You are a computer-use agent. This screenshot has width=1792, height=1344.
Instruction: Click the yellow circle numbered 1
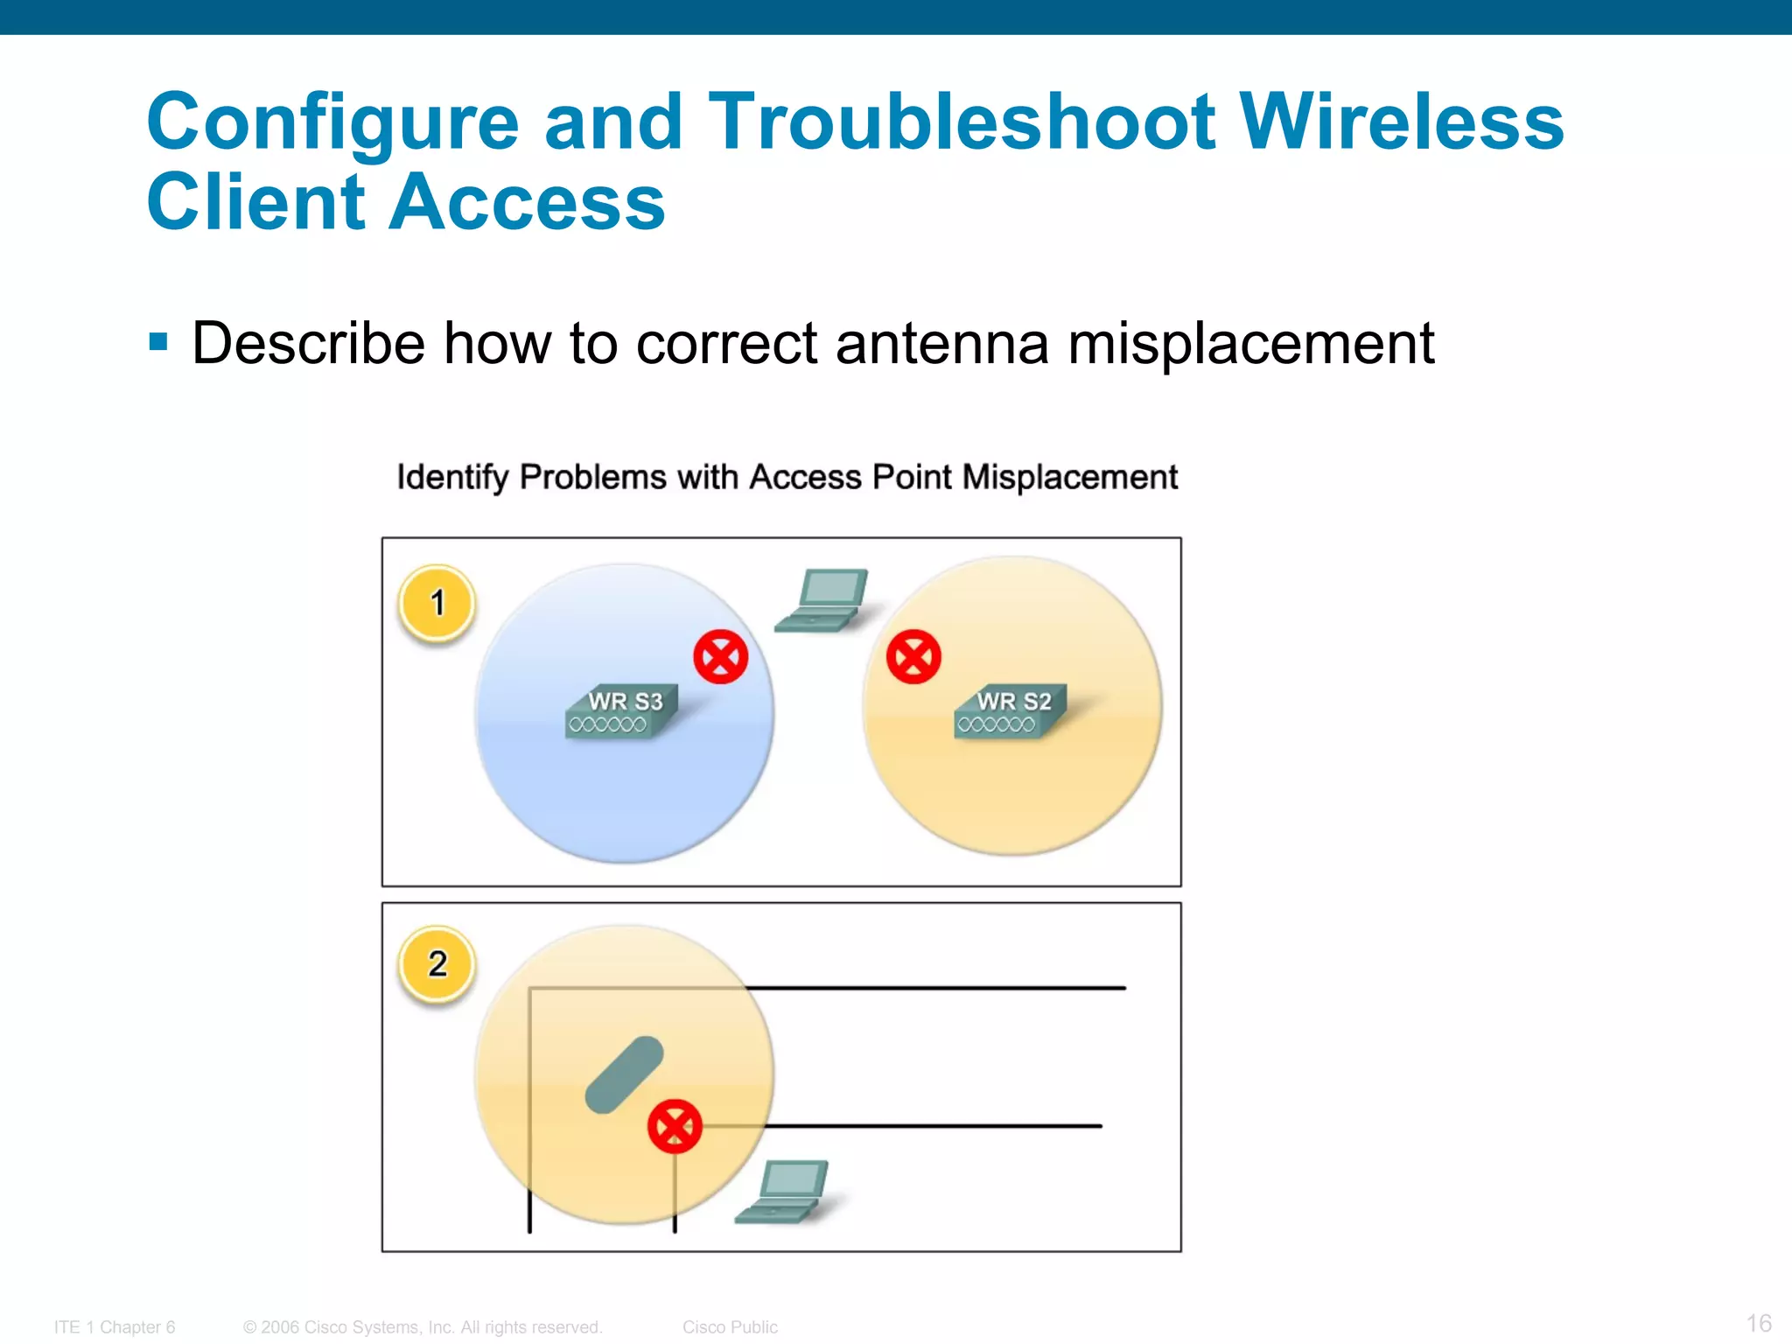tap(437, 603)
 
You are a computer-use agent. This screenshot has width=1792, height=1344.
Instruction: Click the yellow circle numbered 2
tap(437, 964)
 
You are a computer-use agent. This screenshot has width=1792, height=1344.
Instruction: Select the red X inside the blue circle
tap(720, 656)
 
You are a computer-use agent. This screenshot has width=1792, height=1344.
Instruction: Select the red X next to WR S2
tap(913, 656)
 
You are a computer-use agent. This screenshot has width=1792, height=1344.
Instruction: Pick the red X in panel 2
tap(675, 1126)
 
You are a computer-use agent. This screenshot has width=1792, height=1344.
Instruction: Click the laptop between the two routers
tap(823, 601)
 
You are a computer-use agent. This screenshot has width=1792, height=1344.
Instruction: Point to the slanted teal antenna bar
tap(624, 1075)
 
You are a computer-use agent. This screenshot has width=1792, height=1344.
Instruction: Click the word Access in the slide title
tap(527, 202)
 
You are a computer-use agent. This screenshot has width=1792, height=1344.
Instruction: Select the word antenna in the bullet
tap(941, 343)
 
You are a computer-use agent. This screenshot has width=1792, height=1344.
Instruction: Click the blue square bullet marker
tap(158, 341)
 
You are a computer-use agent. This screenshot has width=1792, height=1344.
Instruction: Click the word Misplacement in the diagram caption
tap(1069, 478)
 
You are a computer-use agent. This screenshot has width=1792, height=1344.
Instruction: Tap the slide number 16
tap(1759, 1322)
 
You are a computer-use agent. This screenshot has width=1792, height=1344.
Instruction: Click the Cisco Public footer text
tap(730, 1327)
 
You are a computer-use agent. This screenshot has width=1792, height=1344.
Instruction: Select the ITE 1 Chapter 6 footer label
tap(115, 1327)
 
